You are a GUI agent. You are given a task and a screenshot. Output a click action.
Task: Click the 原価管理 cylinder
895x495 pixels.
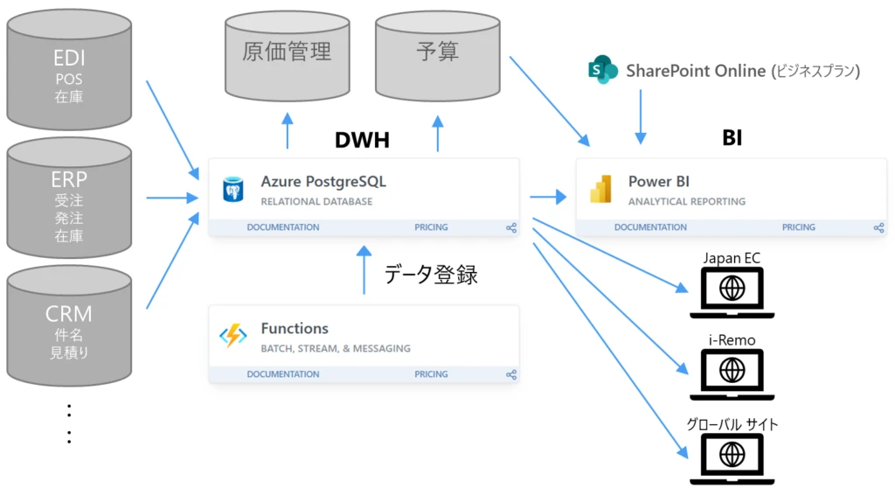point(286,54)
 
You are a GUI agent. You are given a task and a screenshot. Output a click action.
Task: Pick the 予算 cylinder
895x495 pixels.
point(437,54)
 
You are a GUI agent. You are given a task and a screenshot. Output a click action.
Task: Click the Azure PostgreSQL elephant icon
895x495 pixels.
point(232,189)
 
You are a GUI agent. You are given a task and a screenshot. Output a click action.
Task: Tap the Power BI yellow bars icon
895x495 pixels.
point(600,189)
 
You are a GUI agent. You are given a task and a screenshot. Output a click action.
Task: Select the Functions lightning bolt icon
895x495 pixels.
point(232,336)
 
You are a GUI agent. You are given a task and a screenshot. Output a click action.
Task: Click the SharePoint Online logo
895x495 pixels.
point(603,71)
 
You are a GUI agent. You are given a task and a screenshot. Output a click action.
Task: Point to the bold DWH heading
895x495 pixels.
point(362,140)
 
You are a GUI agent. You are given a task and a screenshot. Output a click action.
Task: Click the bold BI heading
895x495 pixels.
point(732,137)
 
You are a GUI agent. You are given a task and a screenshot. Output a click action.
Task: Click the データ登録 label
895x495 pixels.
point(431,274)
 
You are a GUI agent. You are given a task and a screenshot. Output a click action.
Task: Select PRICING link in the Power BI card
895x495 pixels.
point(798,227)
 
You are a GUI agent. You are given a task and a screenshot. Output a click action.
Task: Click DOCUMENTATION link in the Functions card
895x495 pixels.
point(282,374)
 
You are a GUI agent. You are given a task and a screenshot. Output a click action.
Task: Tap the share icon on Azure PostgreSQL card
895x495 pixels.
point(511,227)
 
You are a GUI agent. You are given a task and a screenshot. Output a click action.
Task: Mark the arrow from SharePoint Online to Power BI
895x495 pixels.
point(641,115)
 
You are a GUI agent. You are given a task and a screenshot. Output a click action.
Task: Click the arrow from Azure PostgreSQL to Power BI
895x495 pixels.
point(548,198)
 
